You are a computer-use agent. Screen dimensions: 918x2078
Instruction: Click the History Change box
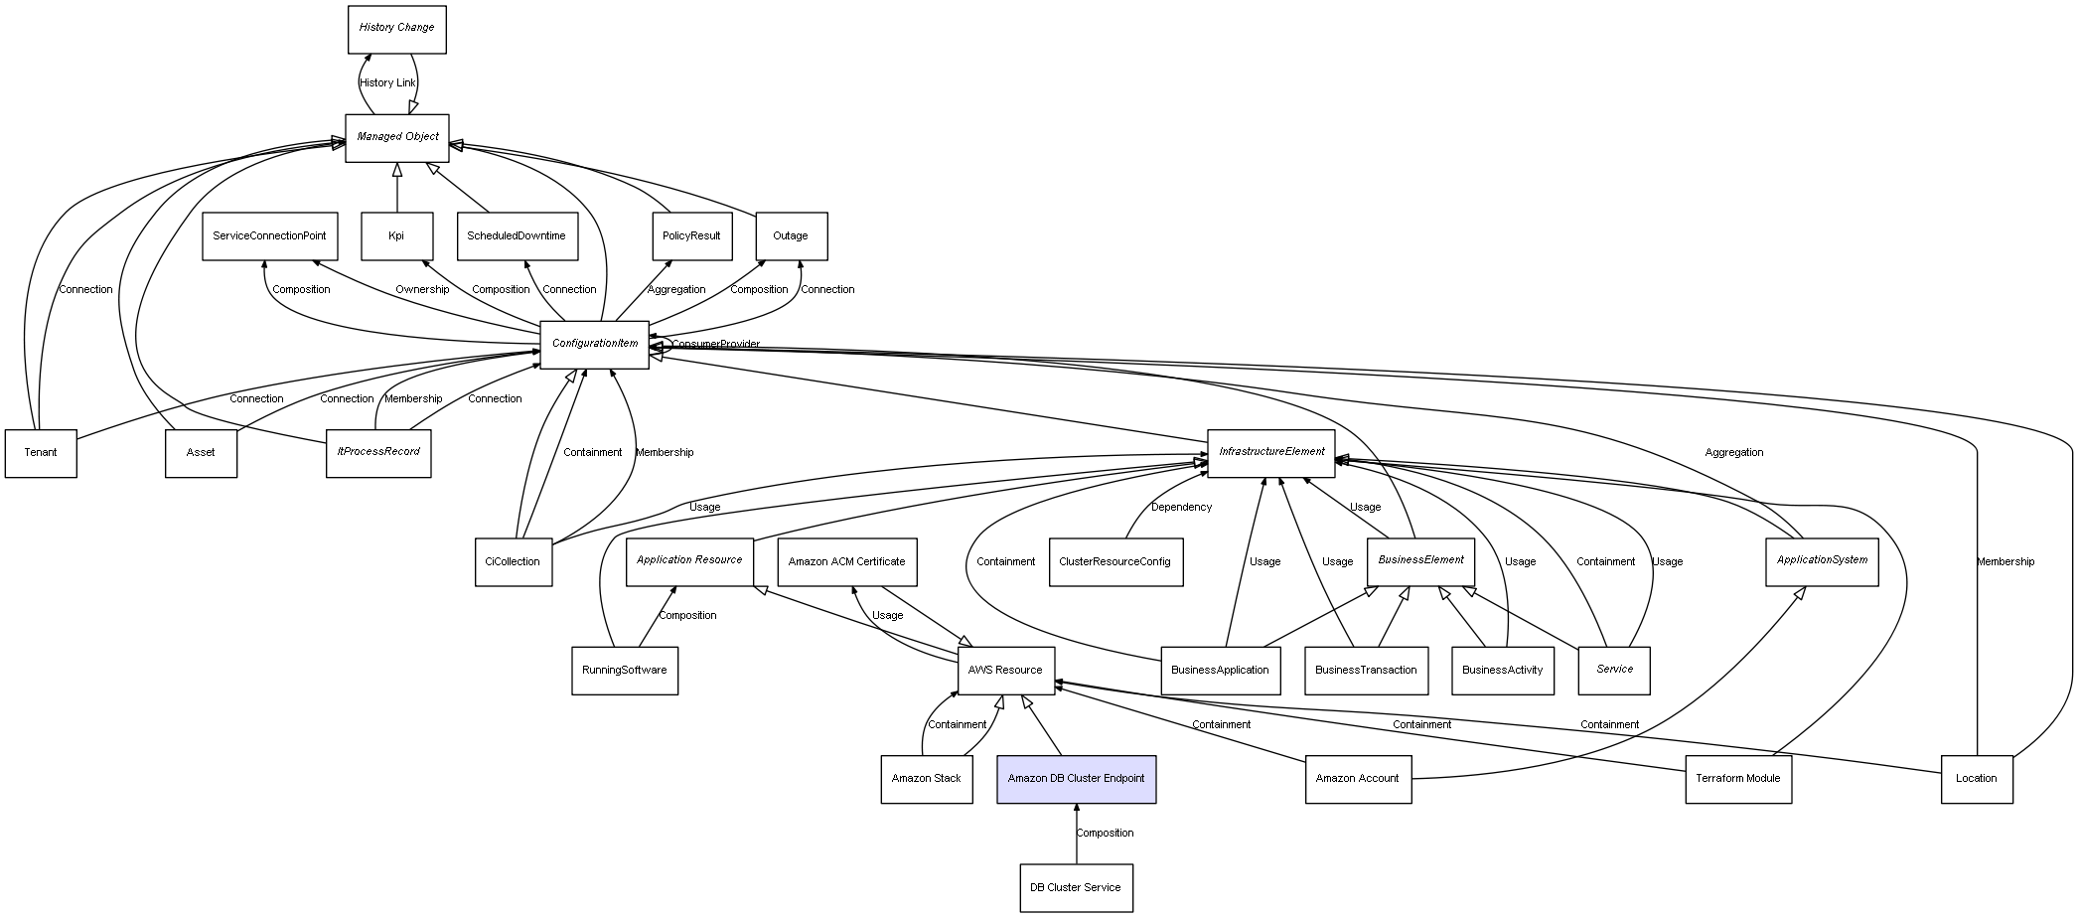(396, 29)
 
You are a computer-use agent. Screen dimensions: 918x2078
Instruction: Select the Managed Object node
(397, 137)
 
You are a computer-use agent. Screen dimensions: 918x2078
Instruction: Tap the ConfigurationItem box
(594, 344)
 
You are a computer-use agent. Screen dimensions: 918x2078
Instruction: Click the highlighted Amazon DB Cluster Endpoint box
(1076, 779)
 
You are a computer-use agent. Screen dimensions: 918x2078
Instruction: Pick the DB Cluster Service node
(1075, 887)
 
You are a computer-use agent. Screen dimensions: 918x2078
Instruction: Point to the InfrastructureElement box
(1270, 452)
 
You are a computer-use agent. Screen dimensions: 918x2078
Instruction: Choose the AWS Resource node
(1005, 670)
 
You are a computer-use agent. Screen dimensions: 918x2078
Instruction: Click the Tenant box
(41, 453)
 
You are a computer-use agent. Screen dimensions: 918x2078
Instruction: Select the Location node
(1976, 779)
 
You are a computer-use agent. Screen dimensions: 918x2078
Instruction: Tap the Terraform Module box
(1737, 779)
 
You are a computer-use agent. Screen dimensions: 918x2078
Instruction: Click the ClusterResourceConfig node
(1114, 561)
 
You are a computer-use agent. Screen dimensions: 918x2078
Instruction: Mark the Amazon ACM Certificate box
(846, 561)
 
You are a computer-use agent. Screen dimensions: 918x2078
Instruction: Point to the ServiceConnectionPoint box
(269, 236)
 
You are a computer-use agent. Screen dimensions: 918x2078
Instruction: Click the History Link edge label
(387, 83)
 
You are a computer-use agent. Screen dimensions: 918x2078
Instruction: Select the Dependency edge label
(1181, 508)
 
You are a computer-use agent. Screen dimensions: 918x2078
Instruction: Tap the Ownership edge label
(422, 290)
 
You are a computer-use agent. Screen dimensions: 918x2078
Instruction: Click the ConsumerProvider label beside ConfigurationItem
(715, 345)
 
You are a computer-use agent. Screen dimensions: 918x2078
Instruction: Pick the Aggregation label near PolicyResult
(676, 290)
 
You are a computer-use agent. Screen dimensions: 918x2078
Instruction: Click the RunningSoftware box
(624, 670)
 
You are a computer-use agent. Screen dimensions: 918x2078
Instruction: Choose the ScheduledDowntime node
(517, 236)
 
